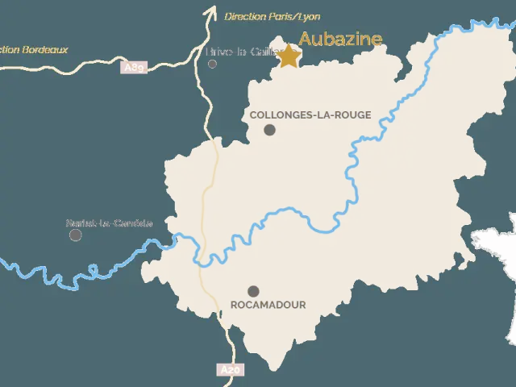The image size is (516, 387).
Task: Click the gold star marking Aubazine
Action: pos(288,56)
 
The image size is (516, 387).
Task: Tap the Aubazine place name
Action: pos(340,39)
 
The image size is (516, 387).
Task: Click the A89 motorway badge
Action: pos(134,68)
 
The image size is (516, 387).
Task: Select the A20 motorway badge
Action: pos(230,370)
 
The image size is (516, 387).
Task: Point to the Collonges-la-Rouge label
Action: pos(310,115)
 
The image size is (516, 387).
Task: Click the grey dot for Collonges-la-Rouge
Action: pos(269,130)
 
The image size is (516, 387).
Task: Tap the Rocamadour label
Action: pos(268,306)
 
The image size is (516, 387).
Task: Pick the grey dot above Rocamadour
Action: pos(253,291)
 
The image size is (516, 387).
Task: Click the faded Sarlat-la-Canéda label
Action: pos(110,223)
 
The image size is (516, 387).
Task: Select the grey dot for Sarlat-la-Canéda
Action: pos(76,235)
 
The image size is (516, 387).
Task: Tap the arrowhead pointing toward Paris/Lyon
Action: pos(211,11)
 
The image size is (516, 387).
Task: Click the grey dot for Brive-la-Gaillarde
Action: pos(212,64)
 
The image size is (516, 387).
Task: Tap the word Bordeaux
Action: pos(46,50)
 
